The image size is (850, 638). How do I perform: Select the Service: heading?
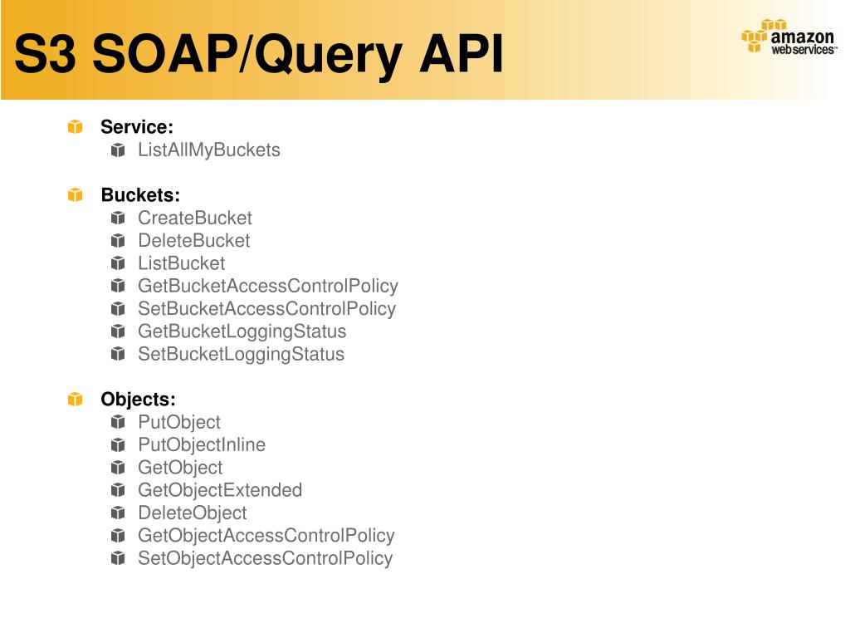[137, 127]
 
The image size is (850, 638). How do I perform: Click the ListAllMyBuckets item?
[209, 150]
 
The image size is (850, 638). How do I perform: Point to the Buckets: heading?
[140, 195]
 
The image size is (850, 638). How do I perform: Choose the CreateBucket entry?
[195, 218]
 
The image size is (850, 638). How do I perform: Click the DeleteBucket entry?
[194, 241]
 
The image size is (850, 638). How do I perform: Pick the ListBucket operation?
[182, 263]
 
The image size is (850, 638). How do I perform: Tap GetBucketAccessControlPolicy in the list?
[268, 287]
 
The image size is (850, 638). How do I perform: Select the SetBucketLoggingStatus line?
[242, 355]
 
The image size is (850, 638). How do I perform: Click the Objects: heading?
[139, 400]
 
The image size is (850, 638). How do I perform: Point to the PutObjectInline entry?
[202, 445]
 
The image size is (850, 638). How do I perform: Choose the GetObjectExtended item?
[220, 490]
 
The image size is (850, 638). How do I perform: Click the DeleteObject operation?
[193, 513]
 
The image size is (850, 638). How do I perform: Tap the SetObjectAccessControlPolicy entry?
[266, 558]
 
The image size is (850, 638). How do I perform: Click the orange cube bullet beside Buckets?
[76, 195]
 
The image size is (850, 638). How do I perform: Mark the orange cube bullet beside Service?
[76, 127]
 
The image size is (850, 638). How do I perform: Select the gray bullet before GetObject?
[118, 468]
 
